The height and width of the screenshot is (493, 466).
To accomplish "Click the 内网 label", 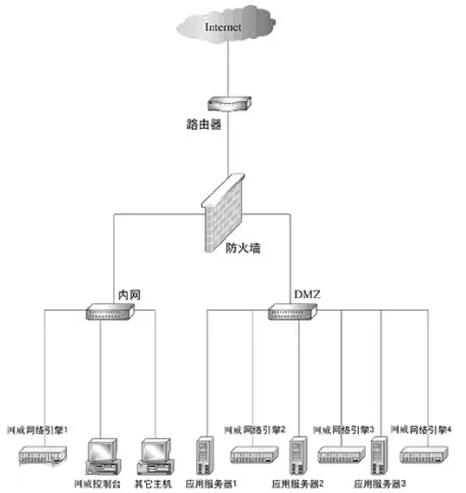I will pyautogui.click(x=129, y=295).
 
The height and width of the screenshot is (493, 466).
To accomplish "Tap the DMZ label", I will pyautogui.click(x=306, y=295).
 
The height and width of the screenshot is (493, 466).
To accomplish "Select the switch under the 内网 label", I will pyautogui.click(x=110, y=312).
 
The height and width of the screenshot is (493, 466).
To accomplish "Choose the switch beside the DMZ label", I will pyautogui.click(x=293, y=312).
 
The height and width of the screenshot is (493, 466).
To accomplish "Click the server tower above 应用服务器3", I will pyautogui.click(x=379, y=455).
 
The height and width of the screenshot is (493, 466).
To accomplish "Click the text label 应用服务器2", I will pyautogui.click(x=297, y=483).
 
